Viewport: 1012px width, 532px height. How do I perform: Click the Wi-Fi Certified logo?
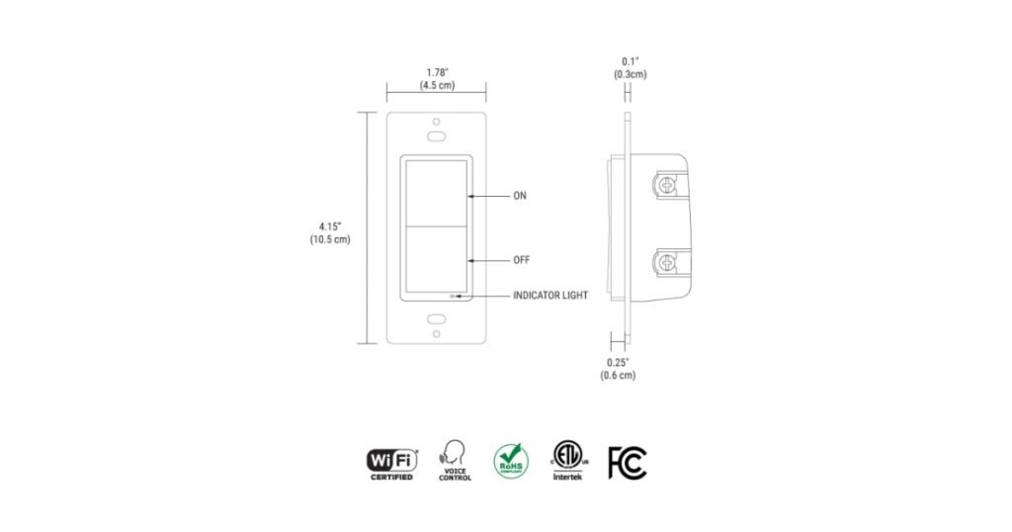click(x=392, y=462)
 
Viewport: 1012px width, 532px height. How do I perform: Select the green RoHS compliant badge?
click(x=511, y=461)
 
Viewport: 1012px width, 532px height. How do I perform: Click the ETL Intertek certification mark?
click(x=568, y=461)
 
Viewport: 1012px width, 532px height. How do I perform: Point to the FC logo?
click(x=628, y=462)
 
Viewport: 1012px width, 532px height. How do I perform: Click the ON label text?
click(x=519, y=197)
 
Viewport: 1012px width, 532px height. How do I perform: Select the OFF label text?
click(x=521, y=260)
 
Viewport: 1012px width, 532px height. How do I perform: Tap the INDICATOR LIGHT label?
click(x=550, y=296)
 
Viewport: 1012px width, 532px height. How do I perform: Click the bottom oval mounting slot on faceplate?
click(x=436, y=320)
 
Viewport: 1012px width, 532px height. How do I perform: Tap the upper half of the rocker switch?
click(x=436, y=190)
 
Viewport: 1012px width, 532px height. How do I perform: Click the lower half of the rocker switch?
click(x=436, y=259)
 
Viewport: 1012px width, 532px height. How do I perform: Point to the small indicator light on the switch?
click(x=453, y=296)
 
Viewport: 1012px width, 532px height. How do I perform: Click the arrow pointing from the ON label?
click(x=487, y=197)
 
